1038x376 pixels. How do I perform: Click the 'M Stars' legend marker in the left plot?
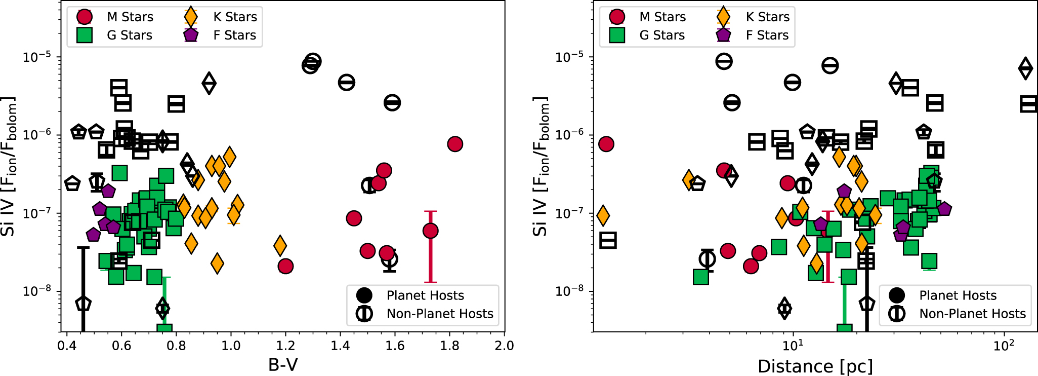point(85,17)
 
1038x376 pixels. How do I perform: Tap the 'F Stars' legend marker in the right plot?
point(723,35)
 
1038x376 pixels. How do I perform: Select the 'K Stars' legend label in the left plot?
point(235,17)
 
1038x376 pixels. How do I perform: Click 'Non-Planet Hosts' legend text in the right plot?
point(972,314)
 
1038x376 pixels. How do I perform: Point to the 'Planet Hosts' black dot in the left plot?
point(364,295)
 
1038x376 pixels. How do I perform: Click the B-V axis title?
point(283,364)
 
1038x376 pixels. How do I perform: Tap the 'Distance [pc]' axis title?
point(815,366)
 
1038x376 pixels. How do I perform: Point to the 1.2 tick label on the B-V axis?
point(285,346)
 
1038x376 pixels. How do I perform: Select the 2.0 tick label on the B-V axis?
point(504,346)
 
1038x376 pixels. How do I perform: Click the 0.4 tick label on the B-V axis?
point(67,346)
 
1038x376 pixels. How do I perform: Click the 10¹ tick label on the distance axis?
point(793,345)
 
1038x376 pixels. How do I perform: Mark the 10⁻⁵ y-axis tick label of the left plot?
point(38,56)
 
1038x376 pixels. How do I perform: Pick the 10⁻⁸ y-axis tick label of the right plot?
point(571,291)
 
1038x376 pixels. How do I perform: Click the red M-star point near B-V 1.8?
point(455,144)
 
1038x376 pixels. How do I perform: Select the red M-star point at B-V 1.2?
point(285,266)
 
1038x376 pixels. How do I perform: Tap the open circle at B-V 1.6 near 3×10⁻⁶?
point(392,103)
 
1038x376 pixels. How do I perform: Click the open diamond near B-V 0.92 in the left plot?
point(209,83)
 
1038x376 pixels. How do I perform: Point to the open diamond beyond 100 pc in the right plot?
point(1025,68)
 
